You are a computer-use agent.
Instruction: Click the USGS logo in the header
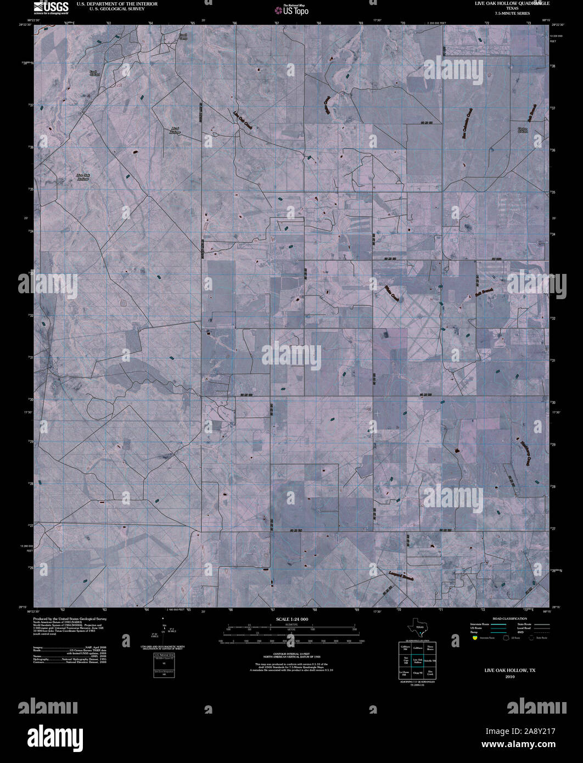[x=51, y=7]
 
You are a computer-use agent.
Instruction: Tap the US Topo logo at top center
[x=291, y=9]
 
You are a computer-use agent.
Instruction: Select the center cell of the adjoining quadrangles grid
[x=417, y=661]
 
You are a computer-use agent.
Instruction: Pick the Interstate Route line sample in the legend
[x=498, y=624]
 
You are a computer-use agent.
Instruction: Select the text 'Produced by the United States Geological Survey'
[x=70, y=619]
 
